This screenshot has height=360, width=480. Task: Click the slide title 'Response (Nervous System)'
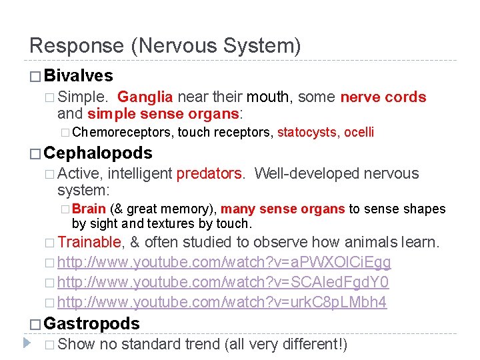point(165,45)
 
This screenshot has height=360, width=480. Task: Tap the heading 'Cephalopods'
point(98,153)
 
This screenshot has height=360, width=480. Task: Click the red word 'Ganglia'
point(146,97)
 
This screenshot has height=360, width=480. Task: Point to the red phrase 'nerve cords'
point(383,97)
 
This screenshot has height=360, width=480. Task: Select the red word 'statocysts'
point(307,132)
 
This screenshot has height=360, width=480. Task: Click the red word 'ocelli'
point(359,132)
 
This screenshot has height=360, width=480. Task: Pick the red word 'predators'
point(211,174)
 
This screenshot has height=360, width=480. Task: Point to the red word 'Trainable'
point(89,242)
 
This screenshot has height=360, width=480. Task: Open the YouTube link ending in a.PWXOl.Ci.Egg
point(224,262)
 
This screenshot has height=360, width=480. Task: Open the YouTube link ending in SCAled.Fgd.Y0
point(223,282)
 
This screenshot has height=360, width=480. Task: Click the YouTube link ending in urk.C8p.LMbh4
point(222,302)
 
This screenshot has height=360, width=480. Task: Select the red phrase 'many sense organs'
point(283,209)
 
